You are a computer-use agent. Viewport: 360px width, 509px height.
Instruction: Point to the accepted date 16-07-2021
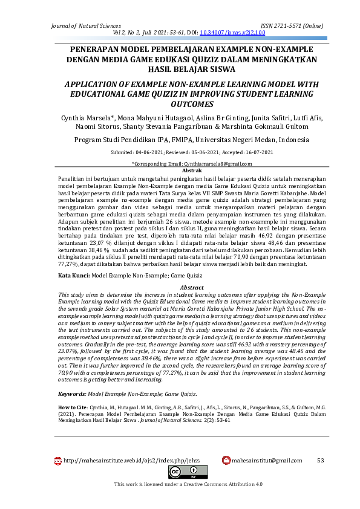(259, 153)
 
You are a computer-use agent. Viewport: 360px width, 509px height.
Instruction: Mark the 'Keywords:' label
(72, 394)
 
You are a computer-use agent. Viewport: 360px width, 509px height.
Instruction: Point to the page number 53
(321, 461)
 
